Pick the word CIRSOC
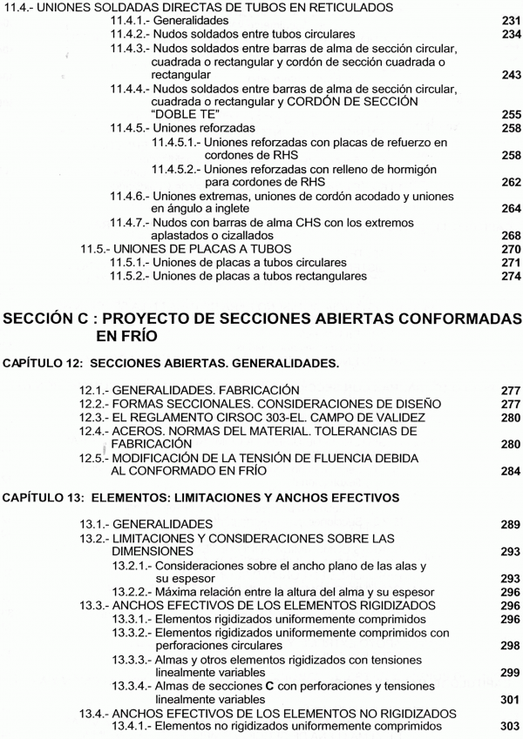pyautogui.click(x=228, y=417)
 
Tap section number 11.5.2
pyautogui.click(x=127, y=276)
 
